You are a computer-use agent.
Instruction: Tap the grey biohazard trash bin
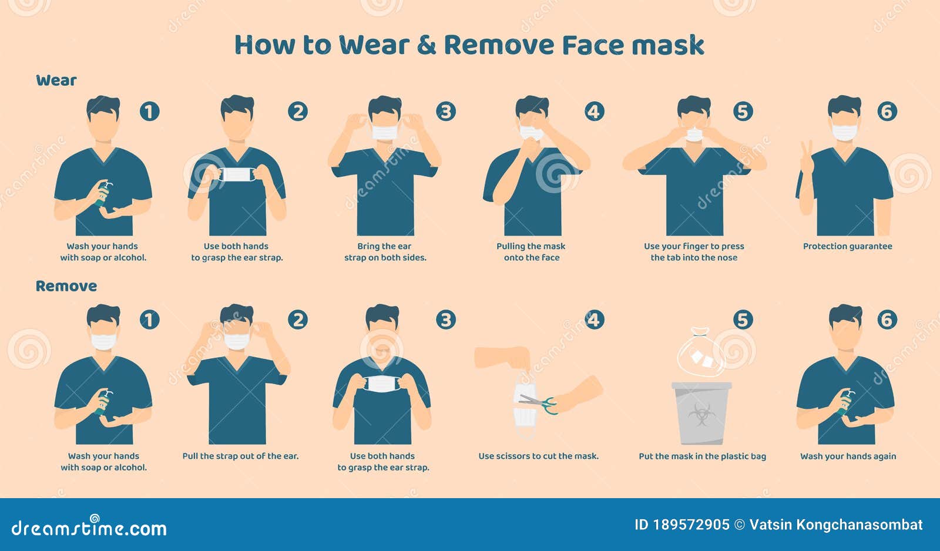point(701,414)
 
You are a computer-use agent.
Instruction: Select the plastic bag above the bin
point(701,353)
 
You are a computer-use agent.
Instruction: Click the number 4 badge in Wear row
point(594,111)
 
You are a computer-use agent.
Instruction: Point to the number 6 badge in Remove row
point(887,320)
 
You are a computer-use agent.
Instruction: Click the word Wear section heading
point(56,80)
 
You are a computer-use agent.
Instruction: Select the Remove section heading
point(66,286)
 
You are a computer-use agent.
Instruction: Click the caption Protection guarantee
point(847,246)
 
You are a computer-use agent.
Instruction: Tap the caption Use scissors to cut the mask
point(538,456)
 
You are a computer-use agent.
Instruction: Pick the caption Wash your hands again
point(848,456)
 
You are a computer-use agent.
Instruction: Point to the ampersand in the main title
point(427,45)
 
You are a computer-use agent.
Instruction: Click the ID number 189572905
point(691,525)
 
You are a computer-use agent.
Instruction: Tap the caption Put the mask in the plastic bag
point(702,456)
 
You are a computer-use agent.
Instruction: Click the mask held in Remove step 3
point(382,384)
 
